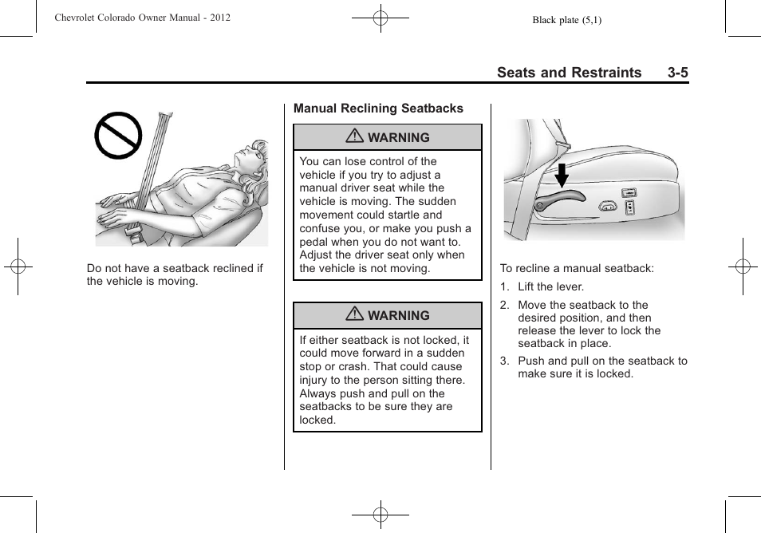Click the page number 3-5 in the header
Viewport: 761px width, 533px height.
678,73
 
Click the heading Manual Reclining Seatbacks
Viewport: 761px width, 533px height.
378,109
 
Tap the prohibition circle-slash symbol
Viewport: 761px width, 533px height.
118,136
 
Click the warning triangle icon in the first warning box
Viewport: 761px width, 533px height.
355,137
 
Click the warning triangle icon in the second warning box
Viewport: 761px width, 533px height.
355,315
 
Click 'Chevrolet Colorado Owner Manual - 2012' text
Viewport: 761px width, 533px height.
143,17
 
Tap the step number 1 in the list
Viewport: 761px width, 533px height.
504,287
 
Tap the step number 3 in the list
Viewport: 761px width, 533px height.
504,361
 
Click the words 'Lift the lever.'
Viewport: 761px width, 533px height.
550,287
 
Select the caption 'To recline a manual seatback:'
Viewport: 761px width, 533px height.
577,269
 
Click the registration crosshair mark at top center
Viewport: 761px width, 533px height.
380,17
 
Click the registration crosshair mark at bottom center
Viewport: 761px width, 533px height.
380,515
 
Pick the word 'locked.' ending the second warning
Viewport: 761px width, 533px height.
317,420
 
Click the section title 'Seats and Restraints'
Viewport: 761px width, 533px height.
569,73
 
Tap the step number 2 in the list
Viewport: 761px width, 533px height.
504,306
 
